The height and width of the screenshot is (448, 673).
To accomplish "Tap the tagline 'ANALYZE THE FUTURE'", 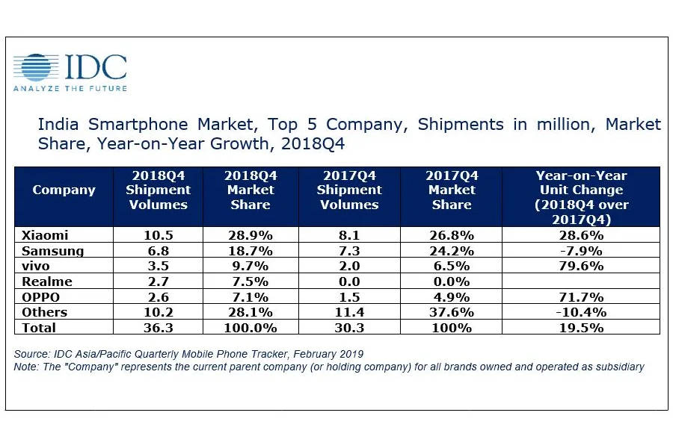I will click(70, 88).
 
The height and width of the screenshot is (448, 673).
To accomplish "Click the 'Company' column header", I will click(64, 190).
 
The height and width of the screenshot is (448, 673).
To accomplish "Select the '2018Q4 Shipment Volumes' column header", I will click(158, 190).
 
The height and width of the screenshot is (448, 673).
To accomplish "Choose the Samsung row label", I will click(49, 250).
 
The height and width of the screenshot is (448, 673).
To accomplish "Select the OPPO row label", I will click(42, 296).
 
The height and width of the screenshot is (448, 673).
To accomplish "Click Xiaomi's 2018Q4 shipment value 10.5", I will click(158, 234).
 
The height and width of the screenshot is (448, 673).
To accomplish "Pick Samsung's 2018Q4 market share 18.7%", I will click(251, 250).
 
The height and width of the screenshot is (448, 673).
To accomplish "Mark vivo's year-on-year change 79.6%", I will click(581, 266).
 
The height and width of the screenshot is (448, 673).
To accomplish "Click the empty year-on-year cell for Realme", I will click(581, 281).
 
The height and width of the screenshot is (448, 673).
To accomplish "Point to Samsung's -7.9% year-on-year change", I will click(581, 250).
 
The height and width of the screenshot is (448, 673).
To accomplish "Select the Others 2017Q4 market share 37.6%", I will click(451, 312).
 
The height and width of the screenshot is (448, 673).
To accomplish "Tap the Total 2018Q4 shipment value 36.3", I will click(158, 328).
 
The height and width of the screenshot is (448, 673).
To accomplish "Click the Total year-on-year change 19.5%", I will click(581, 328).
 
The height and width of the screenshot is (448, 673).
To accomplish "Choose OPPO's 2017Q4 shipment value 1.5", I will click(348, 296).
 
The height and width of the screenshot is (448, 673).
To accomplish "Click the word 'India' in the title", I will click(57, 123).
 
